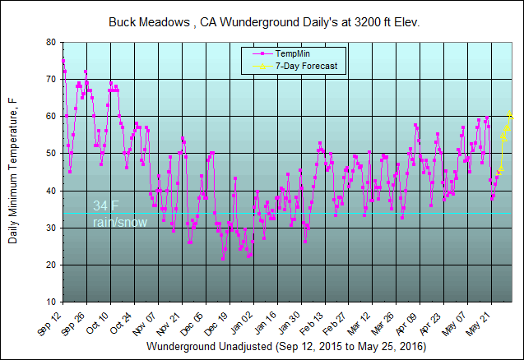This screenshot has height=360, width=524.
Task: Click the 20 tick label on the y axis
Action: [x=51, y=265]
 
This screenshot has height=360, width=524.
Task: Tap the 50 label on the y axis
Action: [x=51, y=154]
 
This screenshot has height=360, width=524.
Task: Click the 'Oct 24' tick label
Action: [x=122, y=321]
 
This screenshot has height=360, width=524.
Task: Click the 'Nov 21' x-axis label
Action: [x=169, y=321]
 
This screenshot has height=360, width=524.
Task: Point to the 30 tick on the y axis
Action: [x=51, y=228]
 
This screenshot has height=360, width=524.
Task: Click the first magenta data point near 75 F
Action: [x=63, y=61]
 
